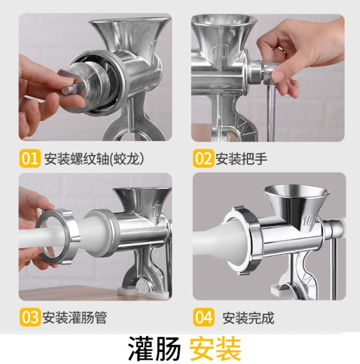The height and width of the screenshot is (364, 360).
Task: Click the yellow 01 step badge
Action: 30,158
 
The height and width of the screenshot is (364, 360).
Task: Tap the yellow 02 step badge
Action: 203,158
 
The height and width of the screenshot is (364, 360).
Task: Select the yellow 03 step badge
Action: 30,317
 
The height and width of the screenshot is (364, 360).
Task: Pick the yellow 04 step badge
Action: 203,317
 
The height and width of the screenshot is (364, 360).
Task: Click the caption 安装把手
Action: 241,159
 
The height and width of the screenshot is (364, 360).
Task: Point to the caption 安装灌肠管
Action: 75,318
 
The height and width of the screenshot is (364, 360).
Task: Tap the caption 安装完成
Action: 248,318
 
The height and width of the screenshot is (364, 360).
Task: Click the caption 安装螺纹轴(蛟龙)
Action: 94,159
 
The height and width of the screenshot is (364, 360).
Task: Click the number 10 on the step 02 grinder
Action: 221,52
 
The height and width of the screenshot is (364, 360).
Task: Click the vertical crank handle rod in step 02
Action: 271,113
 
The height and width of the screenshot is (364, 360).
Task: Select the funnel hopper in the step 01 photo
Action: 129,33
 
